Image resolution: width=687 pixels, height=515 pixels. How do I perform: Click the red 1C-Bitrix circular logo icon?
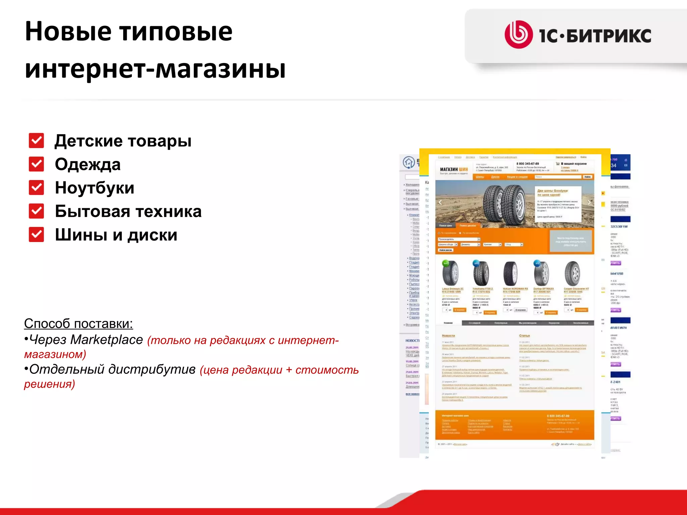[x=518, y=35]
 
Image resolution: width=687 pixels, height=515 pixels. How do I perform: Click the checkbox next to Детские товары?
[x=36, y=140]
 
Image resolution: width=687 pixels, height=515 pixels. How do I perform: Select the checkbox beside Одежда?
[x=36, y=164]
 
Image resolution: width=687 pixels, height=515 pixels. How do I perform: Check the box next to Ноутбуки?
[x=36, y=187]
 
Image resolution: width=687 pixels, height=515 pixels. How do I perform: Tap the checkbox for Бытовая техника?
[x=36, y=211]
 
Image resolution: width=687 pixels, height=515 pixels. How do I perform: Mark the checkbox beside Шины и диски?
[x=36, y=234]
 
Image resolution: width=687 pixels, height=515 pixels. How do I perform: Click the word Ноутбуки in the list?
[x=95, y=188]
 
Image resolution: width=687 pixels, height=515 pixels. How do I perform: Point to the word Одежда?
[x=88, y=164]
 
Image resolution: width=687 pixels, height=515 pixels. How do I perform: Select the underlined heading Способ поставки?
[x=78, y=324]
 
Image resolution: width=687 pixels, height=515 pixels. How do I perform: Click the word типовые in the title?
[x=176, y=31]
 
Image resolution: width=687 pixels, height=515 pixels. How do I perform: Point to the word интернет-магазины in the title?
[x=155, y=69]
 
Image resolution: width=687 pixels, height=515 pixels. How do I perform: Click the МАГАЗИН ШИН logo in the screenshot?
[x=454, y=170]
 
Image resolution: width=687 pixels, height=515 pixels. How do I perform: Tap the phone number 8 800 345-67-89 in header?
[x=528, y=164]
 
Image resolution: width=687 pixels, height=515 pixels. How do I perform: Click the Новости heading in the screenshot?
[x=448, y=336]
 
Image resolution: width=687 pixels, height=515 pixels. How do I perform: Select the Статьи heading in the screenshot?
[x=524, y=336]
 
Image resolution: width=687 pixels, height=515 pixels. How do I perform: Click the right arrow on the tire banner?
[x=589, y=202]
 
